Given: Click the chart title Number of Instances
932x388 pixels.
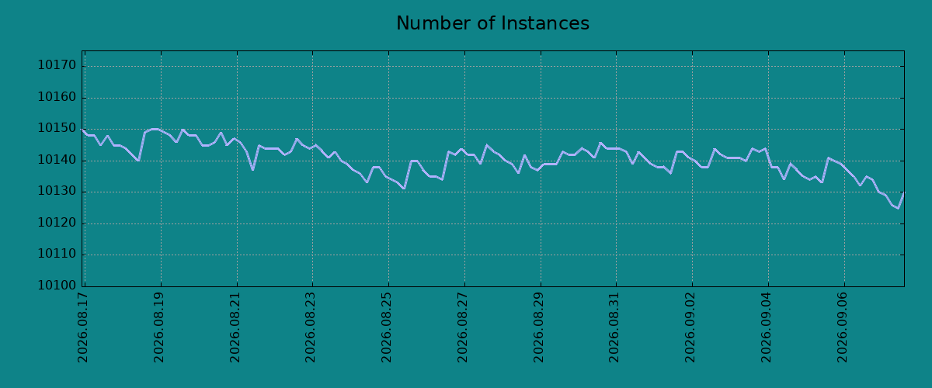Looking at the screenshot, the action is pos(492,23).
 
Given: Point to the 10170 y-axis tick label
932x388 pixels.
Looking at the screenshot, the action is pos(57,65).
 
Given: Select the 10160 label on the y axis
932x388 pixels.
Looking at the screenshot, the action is pos(57,97).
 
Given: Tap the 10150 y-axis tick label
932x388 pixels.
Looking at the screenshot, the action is pos(57,129).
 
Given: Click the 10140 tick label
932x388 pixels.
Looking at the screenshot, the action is pos(57,160).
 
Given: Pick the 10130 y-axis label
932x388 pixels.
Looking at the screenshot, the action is pos(57,192).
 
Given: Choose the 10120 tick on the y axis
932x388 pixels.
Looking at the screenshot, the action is pos(57,223).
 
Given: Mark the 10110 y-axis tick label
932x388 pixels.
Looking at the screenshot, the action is pos(57,254).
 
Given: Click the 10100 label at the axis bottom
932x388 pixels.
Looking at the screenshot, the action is pos(57,286).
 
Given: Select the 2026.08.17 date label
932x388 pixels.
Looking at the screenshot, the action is pos(83,327).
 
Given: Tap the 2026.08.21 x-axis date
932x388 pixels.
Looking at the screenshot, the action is pos(235,327).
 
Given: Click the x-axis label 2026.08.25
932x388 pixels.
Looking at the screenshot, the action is pos(387,327).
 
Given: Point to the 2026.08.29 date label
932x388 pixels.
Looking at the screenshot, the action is pos(539,327).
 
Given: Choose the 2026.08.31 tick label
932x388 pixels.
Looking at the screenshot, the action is pos(614,327).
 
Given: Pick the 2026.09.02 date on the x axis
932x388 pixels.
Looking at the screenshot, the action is pos(690,327).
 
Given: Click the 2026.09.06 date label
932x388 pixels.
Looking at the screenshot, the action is pos(843,327).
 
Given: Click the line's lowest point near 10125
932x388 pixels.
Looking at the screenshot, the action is pos(898,208).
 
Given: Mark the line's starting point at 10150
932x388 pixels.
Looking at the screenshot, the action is pos(82,130).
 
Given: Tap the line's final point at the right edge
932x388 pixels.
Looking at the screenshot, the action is pos(904,192).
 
